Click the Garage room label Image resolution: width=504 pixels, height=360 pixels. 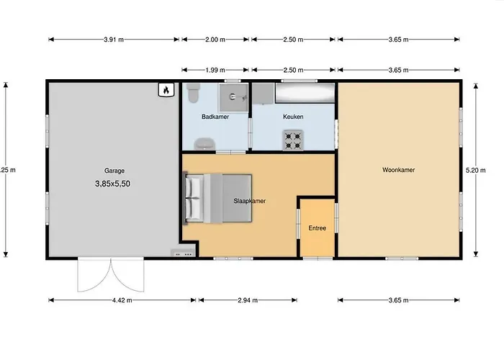click(114, 171)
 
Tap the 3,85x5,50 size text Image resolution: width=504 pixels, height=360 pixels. click(112, 184)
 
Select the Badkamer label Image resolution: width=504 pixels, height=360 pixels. click(215, 117)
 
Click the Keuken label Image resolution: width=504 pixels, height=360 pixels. click(293, 117)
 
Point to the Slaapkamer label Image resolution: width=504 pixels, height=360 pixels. click(249, 201)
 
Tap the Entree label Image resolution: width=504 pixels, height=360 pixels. click(318, 228)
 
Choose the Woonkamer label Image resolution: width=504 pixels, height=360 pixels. click(399, 170)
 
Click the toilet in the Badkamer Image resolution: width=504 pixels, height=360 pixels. click(193, 93)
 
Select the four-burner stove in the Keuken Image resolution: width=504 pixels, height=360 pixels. click(293, 140)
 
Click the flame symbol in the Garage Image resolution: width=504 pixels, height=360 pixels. click(166, 90)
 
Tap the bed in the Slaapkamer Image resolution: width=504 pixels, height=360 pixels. click(217, 198)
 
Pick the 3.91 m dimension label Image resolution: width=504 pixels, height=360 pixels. click(114, 40)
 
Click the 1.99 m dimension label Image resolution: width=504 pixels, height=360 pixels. click(215, 70)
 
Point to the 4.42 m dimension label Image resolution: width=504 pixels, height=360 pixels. click(122, 300)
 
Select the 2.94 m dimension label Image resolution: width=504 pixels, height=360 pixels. click(248, 300)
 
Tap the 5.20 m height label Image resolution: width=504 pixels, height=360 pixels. click(476, 170)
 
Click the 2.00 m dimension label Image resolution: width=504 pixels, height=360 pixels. click(215, 40)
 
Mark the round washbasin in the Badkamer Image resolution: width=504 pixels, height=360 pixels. click(204, 144)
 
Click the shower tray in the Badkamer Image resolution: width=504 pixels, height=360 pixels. click(234, 97)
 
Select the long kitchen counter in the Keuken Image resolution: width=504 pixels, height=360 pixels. click(305, 93)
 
